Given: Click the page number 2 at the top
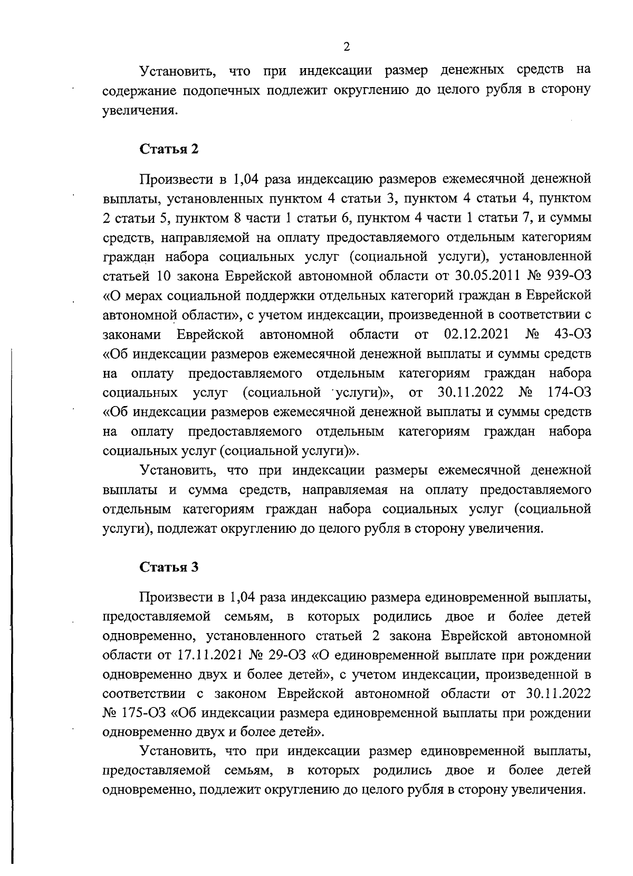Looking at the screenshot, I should click(346, 47).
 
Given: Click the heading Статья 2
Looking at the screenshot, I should click(169, 149).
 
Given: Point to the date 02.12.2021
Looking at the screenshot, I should click(476, 334).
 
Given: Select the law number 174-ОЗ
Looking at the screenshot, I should click(570, 392).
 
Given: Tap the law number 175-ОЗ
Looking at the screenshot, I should click(142, 713).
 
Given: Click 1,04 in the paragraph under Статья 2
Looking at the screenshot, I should click(244, 180).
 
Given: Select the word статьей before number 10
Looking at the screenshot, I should click(125, 276).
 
